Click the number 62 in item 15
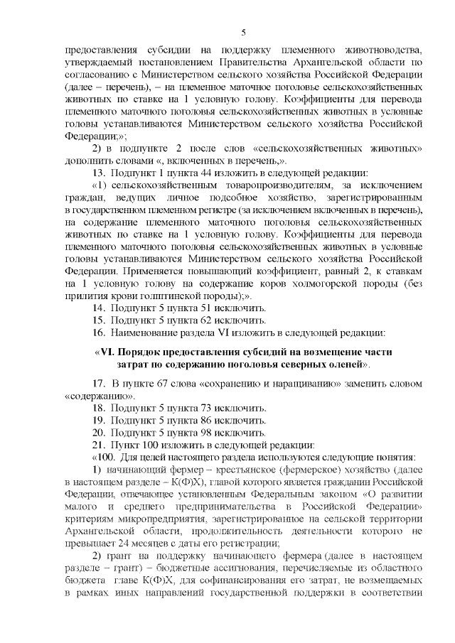(204, 321)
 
